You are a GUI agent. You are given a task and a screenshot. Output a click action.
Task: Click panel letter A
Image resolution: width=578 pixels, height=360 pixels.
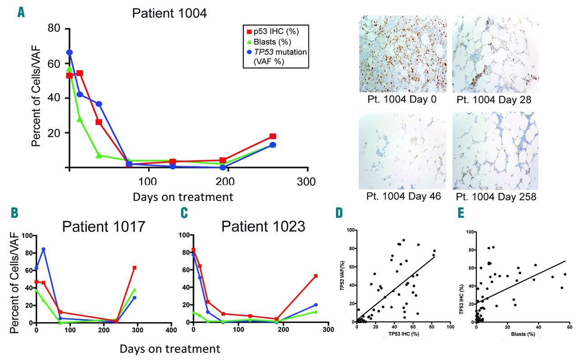point(21,13)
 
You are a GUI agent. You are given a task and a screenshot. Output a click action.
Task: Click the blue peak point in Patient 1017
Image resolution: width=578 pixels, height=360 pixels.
point(43,249)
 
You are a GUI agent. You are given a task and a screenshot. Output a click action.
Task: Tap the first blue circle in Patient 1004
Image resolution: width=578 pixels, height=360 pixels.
point(70,52)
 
